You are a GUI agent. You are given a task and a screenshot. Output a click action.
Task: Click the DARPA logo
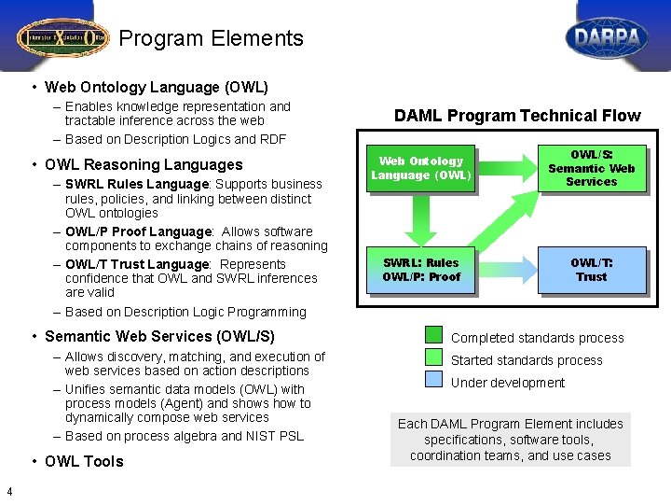[x=607, y=38]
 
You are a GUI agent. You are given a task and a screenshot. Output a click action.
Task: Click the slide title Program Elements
[x=212, y=38]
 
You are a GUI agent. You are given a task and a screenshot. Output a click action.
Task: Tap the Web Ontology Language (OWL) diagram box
[x=421, y=168]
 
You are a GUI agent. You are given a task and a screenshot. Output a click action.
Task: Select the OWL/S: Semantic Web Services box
[x=591, y=168]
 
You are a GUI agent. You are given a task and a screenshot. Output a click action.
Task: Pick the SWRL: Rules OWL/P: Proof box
[x=421, y=270]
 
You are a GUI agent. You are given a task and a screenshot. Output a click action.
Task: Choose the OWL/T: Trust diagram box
[x=591, y=270]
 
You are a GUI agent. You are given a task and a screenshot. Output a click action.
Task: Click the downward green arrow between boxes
[x=421, y=220]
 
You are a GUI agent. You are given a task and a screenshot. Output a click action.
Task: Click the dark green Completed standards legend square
[x=434, y=335]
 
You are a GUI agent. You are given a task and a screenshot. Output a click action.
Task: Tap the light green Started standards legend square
[x=434, y=357]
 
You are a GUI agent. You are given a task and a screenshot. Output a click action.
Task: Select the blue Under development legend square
[x=434, y=380]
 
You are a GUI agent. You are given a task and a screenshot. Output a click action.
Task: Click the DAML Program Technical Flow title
[x=517, y=116]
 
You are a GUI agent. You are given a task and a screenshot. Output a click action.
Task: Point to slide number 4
[x=8, y=493]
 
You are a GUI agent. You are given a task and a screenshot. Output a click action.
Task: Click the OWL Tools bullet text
[x=84, y=461]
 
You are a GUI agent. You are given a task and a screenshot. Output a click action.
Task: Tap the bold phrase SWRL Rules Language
[x=138, y=185]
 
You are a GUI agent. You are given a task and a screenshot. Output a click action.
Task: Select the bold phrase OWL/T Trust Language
[x=137, y=264]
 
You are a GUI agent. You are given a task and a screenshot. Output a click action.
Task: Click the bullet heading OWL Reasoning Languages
[x=144, y=164]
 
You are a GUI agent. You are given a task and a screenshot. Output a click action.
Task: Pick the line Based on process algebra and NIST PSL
[x=185, y=436]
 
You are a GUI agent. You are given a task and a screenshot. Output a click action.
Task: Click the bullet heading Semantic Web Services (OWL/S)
[x=159, y=336]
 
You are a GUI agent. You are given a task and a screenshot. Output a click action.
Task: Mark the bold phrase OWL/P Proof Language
[x=138, y=231]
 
